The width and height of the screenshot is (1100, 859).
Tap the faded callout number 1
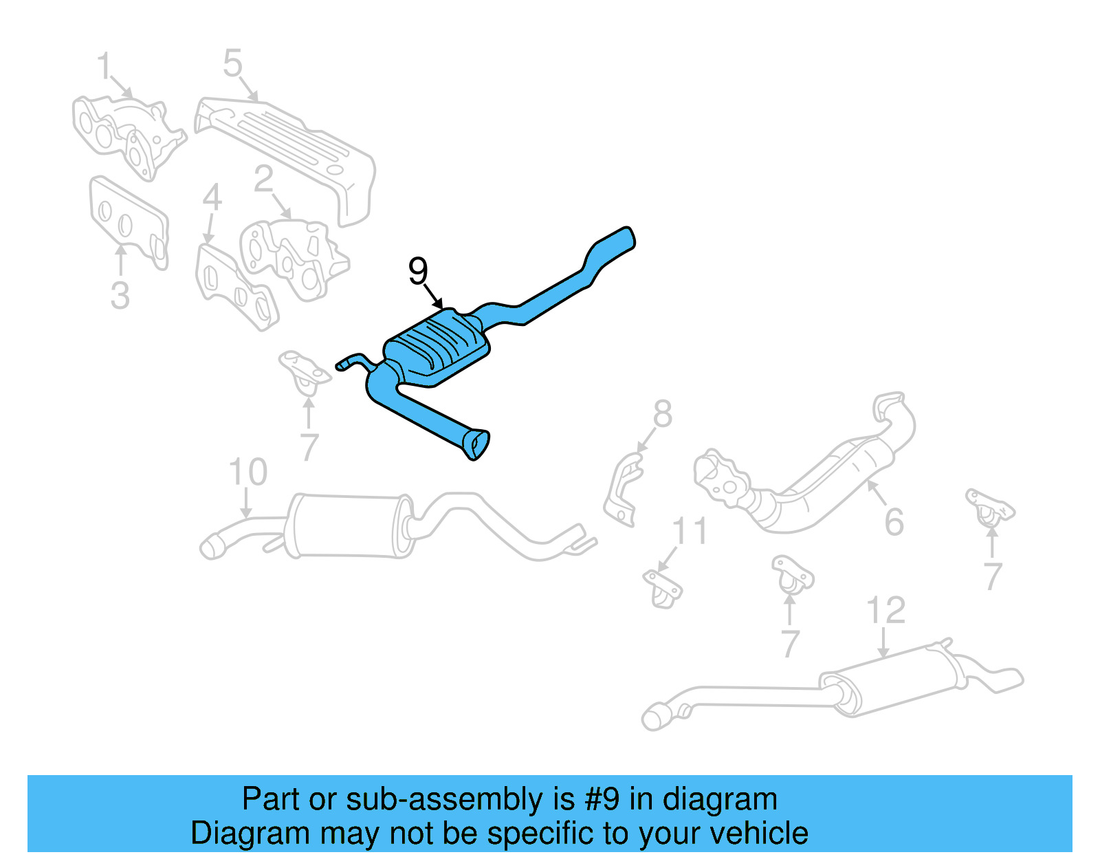click(104, 67)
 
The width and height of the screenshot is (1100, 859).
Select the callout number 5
click(232, 63)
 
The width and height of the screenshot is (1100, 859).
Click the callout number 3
click(120, 295)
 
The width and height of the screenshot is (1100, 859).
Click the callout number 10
click(247, 472)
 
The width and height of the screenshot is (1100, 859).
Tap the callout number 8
click(662, 414)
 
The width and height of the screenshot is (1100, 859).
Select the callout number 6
click(894, 522)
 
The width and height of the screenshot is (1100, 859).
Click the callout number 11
click(689, 532)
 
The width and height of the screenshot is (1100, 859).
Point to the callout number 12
click(885, 610)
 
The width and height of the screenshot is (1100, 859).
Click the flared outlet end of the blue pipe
click(477, 444)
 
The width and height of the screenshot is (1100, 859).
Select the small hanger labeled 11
click(663, 587)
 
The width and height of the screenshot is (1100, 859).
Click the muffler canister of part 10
click(347, 525)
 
